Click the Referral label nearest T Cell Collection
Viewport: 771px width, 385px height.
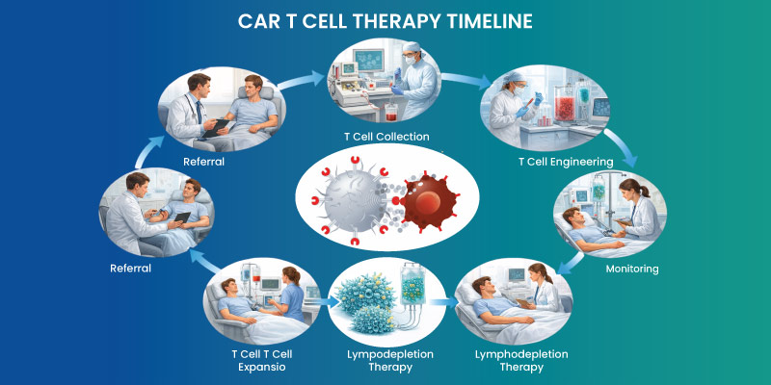click(203, 161)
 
